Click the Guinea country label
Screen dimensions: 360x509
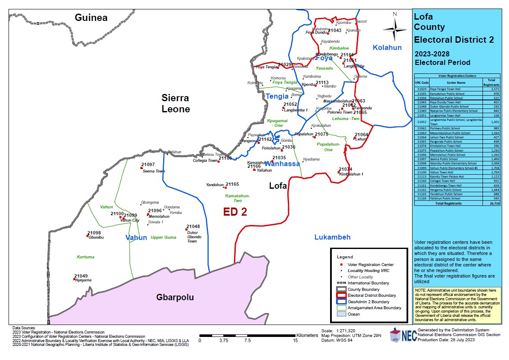(x=91, y=18)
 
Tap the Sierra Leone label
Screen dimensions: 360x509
(x=175, y=103)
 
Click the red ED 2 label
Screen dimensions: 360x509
(x=235, y=212)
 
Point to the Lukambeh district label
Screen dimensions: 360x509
(x=332, y=237)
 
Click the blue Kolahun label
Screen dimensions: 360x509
(x=387, y=47)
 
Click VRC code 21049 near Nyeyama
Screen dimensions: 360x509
(x=81, y=276)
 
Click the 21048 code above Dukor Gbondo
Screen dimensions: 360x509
(x=193, y=226)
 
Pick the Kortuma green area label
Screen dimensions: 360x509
(x=85, y=257)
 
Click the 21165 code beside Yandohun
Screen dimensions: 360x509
(x=232, y=184)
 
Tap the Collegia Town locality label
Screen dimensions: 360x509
(x=205, y=161)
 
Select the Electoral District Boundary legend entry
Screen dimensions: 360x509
(x=372, y=295)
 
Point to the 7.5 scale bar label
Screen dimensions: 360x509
(x=247, y=340)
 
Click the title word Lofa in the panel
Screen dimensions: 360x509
(x=423, y=17)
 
